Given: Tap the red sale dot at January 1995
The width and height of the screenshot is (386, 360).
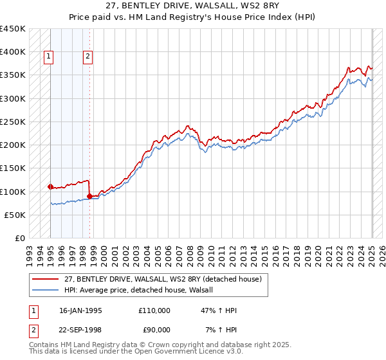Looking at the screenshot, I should [50, 186].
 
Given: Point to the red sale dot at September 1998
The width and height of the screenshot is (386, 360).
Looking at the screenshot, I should [89, 196].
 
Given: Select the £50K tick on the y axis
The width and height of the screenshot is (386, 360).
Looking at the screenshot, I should [15, 215].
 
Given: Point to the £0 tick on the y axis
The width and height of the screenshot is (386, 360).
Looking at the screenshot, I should [20, 239].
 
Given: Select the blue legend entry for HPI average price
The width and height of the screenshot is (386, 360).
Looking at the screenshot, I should [142, 291].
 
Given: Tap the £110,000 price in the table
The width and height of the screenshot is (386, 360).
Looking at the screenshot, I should [154, 310].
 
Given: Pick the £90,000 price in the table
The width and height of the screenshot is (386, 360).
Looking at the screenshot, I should [156, 330].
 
